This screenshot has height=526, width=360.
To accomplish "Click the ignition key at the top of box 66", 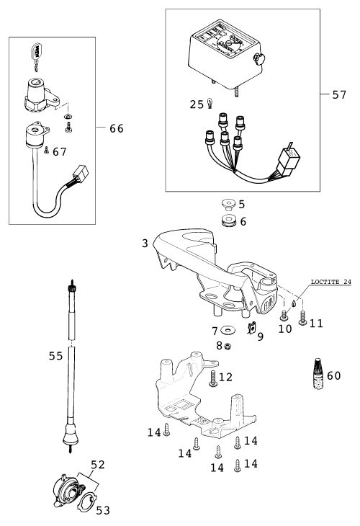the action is [x=36, y=56].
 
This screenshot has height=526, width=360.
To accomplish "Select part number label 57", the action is [x=339, y=95].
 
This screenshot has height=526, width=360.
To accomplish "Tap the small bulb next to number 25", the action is [x=210, y=103].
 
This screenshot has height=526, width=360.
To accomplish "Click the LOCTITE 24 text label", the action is [x=330, y=282].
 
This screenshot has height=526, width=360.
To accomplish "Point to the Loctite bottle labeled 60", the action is [x=318, y=374].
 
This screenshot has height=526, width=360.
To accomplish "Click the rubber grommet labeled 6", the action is [x=229, y=221].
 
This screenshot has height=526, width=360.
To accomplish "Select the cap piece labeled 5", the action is [x=229, y=205].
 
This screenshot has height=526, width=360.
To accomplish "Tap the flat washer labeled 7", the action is [x=228, y=331].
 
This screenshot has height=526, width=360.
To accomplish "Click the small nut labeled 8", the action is [x=228, y=346].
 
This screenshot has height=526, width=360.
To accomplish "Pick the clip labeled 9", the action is [x=251, y=328].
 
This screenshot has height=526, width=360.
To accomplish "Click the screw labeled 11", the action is [x=302, y=318].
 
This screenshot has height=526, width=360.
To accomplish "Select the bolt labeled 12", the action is [x=213, y=378].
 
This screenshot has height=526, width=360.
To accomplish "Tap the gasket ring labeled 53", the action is [x=87, y=502].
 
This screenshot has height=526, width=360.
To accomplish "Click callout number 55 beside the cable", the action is [x=55, y=355].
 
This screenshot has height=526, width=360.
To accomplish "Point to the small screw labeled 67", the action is [x=46, y=151].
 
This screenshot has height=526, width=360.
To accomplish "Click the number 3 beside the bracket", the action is [x=145, y=244].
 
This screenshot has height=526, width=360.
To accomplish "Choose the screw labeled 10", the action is [x=284, y=316].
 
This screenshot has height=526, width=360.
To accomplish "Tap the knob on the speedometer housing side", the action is [x=259, y=59].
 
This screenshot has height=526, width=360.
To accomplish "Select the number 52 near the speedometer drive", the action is [x=98, y=465].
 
